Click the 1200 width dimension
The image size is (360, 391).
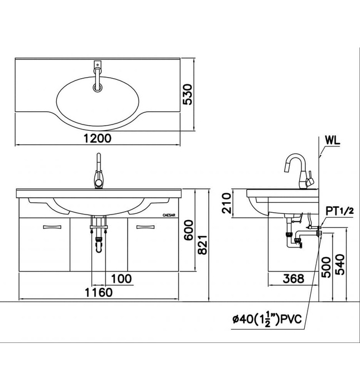(99, 138)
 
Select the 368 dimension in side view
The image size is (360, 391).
(292, 278)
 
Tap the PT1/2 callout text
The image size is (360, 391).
(339, 211)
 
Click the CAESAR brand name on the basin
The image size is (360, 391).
(170, 213)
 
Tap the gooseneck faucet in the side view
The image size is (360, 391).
(299, 170)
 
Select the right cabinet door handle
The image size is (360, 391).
(146, 226)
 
